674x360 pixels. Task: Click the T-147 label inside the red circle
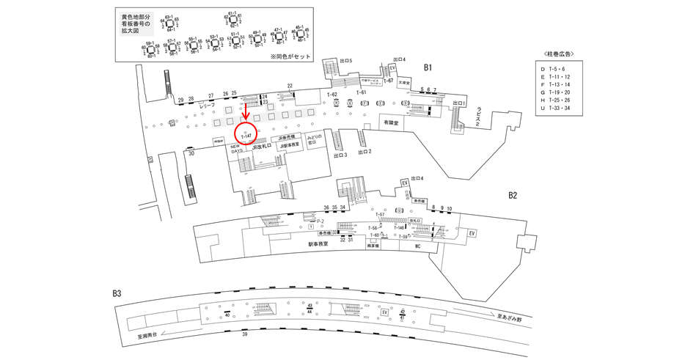[246, 136]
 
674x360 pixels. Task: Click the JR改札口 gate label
[261, 147]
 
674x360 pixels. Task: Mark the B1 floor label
[429, 67]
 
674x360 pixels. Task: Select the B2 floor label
[513, 196]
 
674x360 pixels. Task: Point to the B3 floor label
[117, 293]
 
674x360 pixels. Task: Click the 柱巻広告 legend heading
[563, 54]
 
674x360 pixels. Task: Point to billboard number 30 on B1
[191, 153]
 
